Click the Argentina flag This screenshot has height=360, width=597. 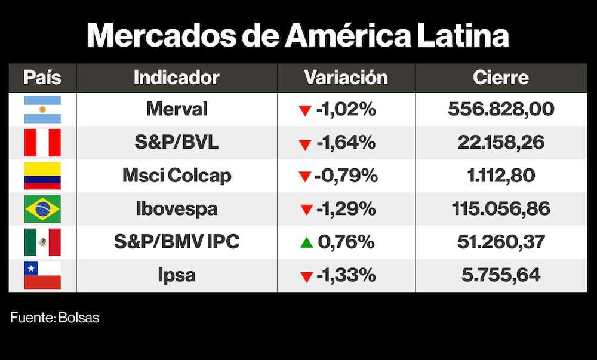[42, 109]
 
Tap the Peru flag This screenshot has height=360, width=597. [42, 143]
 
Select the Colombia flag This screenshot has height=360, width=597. [42, 176]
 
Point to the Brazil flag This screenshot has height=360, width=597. [42, 209]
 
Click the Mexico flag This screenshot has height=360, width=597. [42, 242]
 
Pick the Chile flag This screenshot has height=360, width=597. [42, 275]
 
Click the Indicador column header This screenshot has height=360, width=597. [176, 78]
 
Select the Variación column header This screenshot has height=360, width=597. [346, 78]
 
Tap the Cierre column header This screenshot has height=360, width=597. [500, 78]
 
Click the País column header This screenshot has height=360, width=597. [42, 78]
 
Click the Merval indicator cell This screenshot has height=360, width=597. [177, 109]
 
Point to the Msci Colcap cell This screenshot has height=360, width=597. [177, 176]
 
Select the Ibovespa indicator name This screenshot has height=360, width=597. [177, 209]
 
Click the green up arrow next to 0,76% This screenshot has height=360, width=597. [306, 242]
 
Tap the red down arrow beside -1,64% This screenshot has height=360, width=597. [306, 144]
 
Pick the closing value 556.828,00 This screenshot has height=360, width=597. [501, 109]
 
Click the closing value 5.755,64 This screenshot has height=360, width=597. [501, 275]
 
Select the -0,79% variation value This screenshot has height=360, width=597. [347, 176]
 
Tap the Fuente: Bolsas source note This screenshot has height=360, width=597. [54, 318]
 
